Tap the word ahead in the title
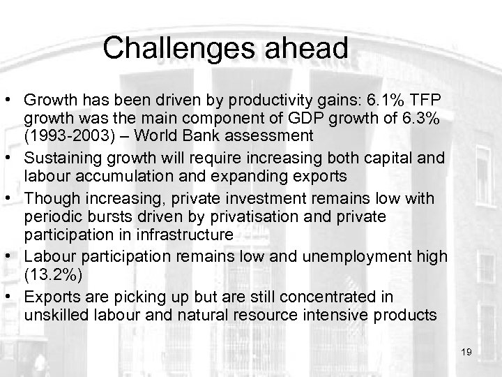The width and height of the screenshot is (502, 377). point(305,48)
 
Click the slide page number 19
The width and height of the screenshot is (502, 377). point(466,352)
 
